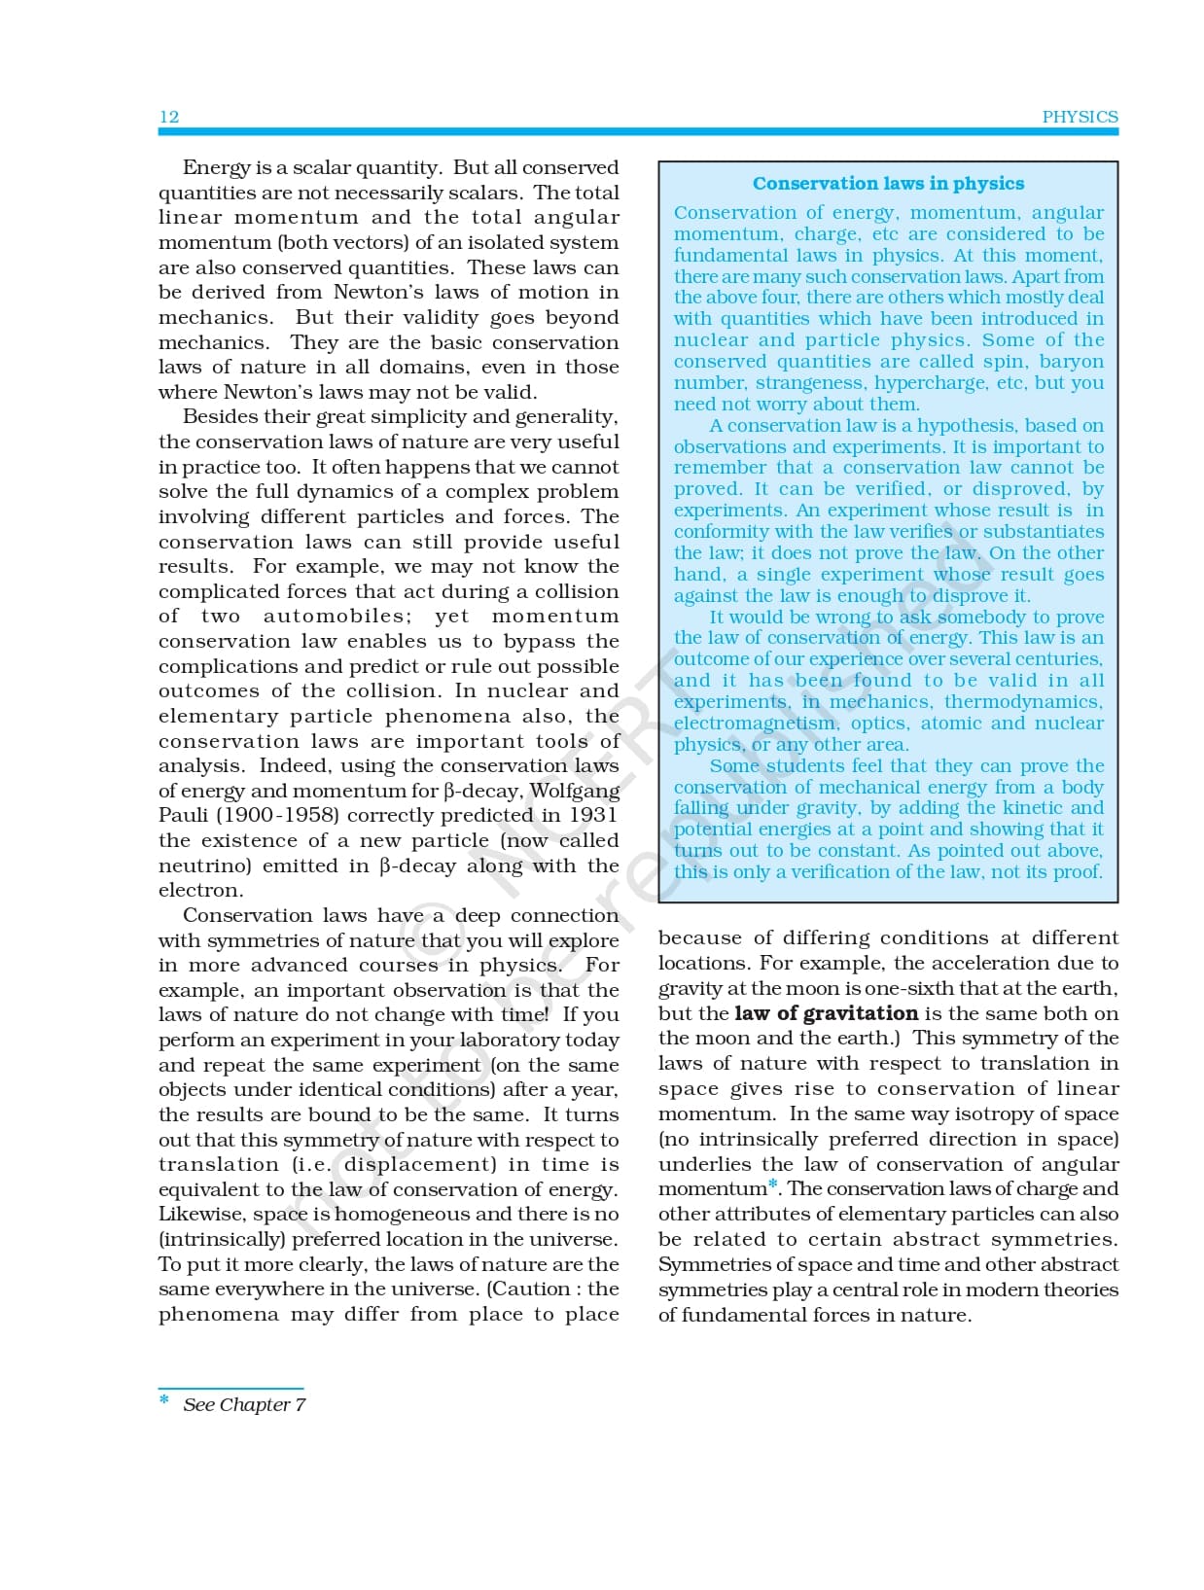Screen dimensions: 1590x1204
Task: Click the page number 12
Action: coord(169,117)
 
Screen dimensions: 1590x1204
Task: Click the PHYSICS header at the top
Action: coord(1080,117)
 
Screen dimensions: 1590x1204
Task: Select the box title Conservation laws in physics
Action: coord(888,183)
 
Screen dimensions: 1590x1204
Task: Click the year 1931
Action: coord(593,815)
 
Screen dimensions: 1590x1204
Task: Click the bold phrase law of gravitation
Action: coord(826,1013)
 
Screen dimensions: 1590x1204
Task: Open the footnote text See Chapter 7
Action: coord(244,1404)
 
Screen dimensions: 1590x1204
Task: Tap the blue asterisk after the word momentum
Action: coord(773,1184)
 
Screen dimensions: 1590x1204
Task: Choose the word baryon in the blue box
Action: coord(1072,361)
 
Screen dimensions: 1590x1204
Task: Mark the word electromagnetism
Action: coord(755,723)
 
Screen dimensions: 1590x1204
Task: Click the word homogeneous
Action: coord(402,1214)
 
